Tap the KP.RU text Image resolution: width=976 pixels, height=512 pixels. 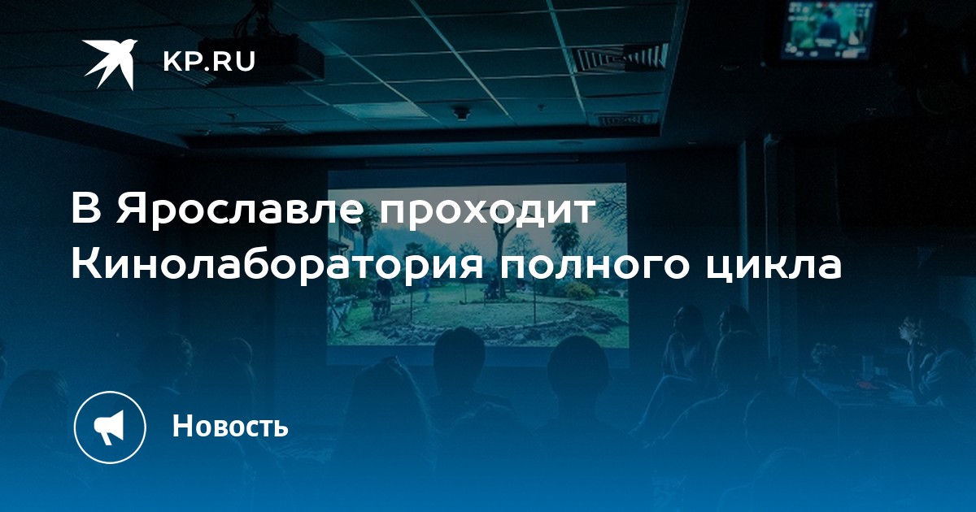coord(209,62)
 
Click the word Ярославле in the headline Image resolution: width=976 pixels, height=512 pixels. coord(239,210)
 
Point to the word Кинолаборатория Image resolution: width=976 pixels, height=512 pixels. coord(277,267)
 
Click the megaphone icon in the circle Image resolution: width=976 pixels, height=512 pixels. coord(109,427)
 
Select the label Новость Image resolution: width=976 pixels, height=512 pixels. coord(230,426)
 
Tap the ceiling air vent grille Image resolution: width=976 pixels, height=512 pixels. coord(622,58)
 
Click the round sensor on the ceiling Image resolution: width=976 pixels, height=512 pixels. coord(461,113)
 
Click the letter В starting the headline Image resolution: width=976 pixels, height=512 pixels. coord(86,210)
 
